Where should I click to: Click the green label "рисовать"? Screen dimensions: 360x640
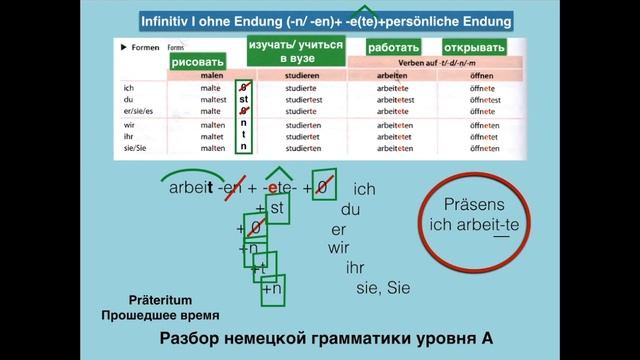point(198,62)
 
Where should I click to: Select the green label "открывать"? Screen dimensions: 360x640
point(474,47)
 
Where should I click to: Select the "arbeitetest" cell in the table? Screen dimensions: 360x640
point(395,99)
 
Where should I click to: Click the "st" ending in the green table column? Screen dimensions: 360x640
point(243,99)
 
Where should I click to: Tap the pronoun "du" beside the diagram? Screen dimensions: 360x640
point(350,210)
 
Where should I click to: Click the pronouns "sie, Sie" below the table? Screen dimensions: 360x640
point(384,289)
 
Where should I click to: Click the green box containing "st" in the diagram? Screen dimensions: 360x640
point(278,209)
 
